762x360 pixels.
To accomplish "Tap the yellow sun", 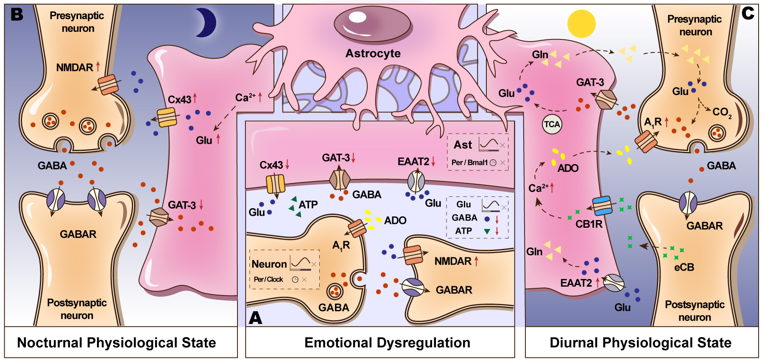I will [x=581, y=24].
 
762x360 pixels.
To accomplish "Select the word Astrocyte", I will [x=373, y=53].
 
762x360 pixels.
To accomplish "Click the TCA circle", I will [x=552, y=124].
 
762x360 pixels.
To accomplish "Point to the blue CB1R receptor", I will [x=602, y=206].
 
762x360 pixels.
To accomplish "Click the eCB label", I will [x=684, y=267].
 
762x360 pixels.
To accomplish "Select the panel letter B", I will [x=17, y=15].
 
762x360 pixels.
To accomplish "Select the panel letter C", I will [x=748, y=14].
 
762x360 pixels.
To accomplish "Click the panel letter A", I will [x=255, y=318].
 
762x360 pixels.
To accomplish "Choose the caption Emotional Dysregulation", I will [x=387, y=343].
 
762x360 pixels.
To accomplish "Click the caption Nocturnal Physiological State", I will [x=117, y=343].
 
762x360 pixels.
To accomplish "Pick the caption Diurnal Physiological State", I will [x=640, y=343].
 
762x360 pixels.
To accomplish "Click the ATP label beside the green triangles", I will [x=308, y=205].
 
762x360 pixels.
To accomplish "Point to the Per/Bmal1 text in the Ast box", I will [x=469, y=162].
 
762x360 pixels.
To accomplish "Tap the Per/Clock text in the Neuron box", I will [x=268, y=279].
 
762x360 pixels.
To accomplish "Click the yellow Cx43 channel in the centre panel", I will [x=276, y=184].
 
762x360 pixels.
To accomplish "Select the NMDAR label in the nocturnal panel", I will [x=75, y=67].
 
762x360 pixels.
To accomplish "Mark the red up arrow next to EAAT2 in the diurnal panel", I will [x=598, y=282].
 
